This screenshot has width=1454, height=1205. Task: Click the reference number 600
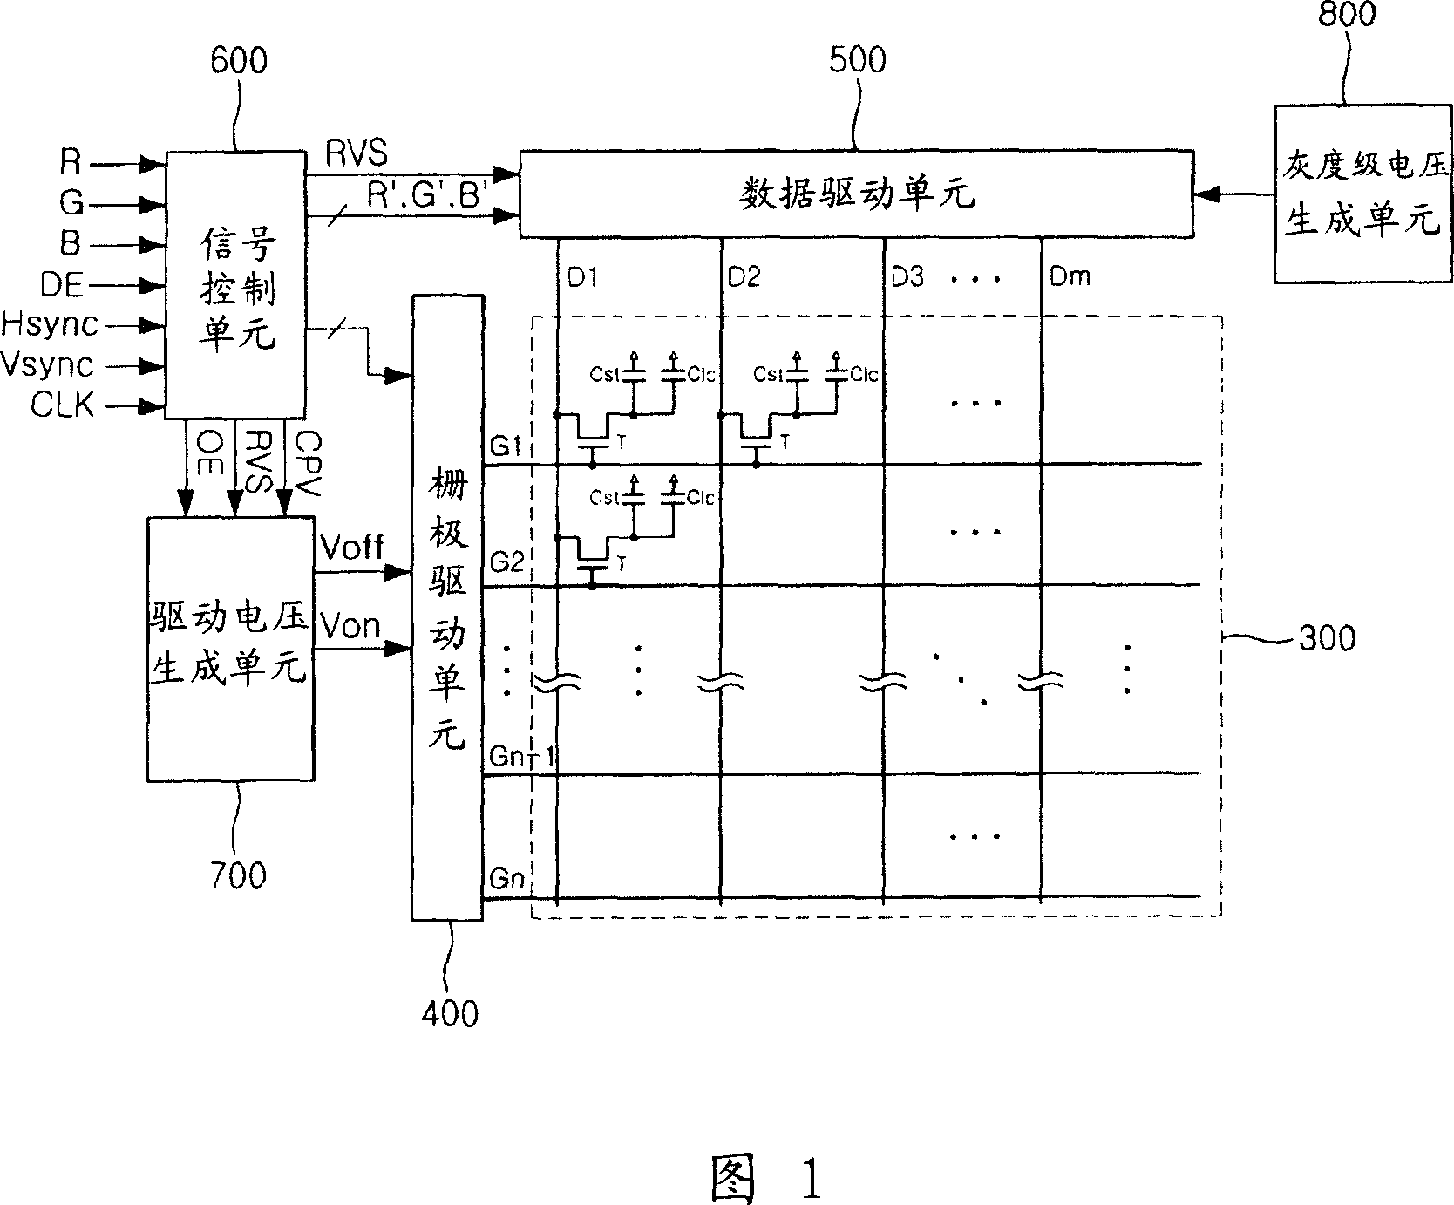239,61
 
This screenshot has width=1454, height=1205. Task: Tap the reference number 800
1348,14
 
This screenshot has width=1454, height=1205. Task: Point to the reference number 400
450,1013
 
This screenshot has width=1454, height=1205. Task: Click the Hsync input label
50,324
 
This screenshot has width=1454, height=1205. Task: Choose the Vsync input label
47,364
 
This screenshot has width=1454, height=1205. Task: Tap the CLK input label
63,405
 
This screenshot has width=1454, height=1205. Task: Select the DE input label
64,283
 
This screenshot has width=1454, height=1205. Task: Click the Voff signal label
351,548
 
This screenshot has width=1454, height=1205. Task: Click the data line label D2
744,276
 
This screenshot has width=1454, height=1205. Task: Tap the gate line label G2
506,562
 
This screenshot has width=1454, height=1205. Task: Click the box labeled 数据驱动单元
857,194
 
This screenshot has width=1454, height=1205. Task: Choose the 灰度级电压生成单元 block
1363,194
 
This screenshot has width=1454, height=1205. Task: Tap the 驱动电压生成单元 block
230,649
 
